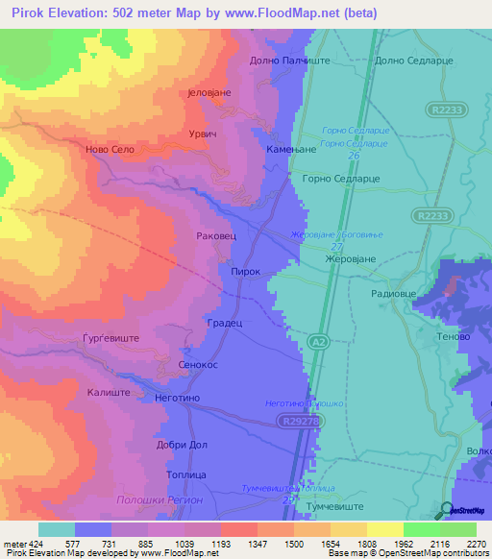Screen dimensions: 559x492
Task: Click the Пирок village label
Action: click(246, 272)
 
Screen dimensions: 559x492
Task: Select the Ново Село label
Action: click(109, 150)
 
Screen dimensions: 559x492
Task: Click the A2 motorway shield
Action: click(318, 341)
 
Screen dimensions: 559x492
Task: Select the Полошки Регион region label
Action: click(160, 500)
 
